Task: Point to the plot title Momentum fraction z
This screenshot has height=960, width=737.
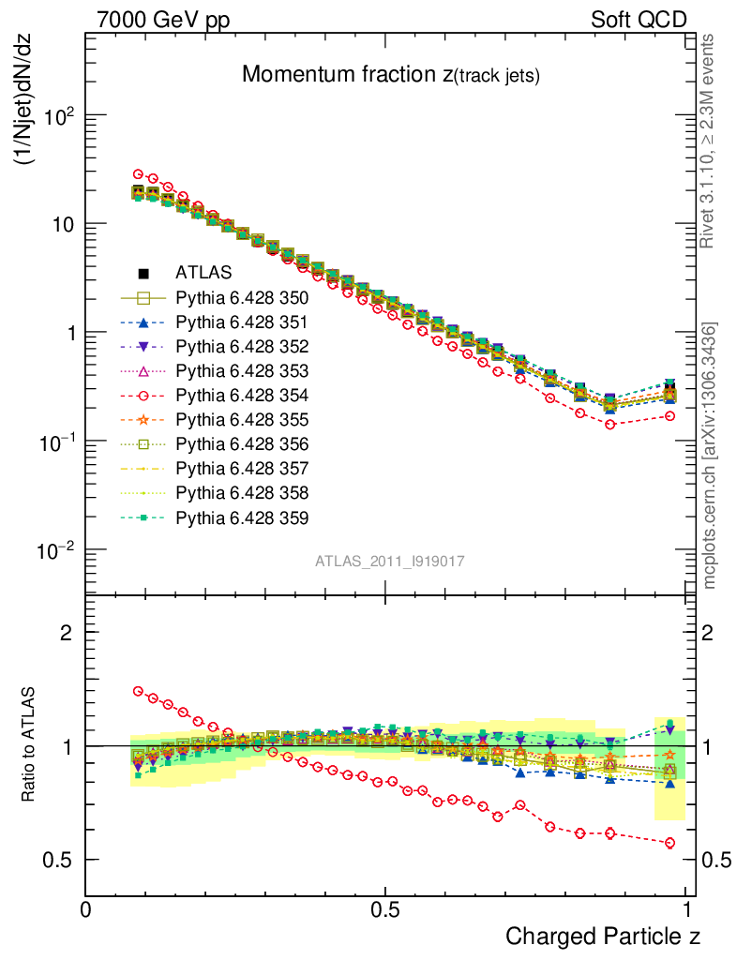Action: click(x=390, y=75)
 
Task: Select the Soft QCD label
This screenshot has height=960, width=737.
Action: click(x=639, y=20)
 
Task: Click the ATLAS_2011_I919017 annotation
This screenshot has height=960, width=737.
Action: click(x=390, y=561)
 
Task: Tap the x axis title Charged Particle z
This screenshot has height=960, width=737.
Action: click(x=602, y=935)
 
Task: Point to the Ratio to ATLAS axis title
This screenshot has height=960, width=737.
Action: click(x=28, y=745)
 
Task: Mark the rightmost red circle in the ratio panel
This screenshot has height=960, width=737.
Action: click(x=670, y=843)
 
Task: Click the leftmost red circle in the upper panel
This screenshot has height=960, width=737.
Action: click(x=138, y=174)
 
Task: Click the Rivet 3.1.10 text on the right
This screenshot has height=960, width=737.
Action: click(x=710, y=141)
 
